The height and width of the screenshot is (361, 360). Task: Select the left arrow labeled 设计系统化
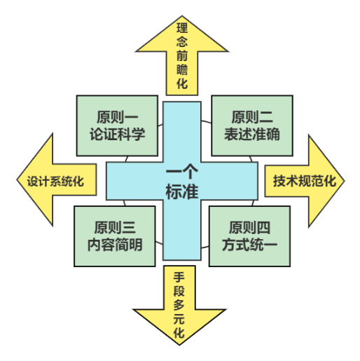(x=56, y=180)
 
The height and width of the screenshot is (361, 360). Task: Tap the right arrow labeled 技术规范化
(x=305, y=181)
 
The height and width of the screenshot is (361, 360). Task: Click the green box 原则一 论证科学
(x=117, y=125)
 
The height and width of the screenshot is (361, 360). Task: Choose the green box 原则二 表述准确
(x=252, y=125)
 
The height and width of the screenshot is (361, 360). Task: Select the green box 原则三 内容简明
(x=115, y=236)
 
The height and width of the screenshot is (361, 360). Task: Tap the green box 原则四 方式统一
(x=249, y=236)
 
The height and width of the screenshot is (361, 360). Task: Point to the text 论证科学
(x=117, y=134)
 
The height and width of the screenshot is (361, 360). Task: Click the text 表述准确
(x=252, y=134)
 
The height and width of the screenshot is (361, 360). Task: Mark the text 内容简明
(x=115, y=245)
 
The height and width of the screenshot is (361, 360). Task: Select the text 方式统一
(x=249, y=245)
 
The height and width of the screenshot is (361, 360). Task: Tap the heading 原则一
(x=117, y=117)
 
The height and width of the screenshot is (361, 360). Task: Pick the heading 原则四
(x=249, y=228)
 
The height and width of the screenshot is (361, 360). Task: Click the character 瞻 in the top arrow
(x=182, y=69)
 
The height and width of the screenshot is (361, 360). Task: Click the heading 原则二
(x=252, y=117)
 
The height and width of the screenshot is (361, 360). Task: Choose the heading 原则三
(x=115, y=228)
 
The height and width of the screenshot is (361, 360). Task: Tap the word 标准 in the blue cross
(x=182, y=191)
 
